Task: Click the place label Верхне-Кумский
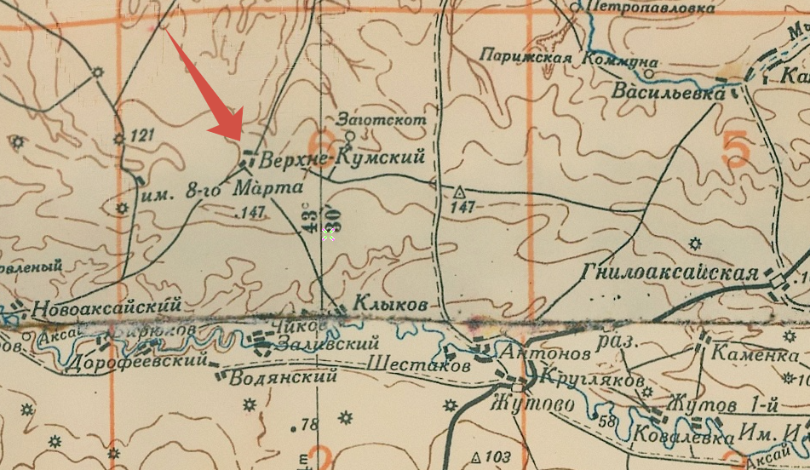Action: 341,160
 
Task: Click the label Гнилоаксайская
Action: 670,272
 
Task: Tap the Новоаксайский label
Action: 107,305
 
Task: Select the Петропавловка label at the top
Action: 656,10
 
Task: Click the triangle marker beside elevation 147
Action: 461,191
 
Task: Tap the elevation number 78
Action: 309,424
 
